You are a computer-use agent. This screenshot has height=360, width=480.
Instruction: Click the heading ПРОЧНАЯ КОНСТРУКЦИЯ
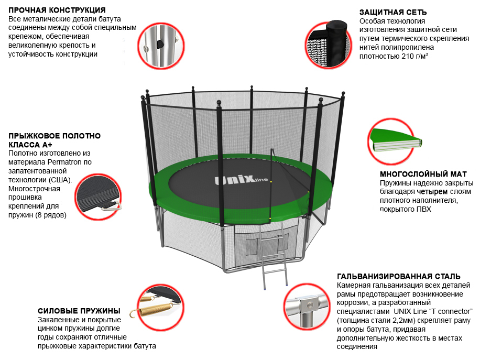click(x=57, y=10)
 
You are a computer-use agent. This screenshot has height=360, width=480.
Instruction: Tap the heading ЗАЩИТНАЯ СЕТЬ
click(x=393, y=12)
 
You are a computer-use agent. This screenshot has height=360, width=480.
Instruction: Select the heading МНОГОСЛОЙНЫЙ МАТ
click(x=423, y=174)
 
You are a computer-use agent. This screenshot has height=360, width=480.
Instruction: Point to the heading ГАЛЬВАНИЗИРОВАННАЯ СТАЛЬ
click(x=399, y=276)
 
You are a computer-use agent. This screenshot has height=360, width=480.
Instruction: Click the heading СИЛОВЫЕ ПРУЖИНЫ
click(x=79, y=311)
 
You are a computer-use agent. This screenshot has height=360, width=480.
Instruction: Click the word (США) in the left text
click(x=61, y=180)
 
